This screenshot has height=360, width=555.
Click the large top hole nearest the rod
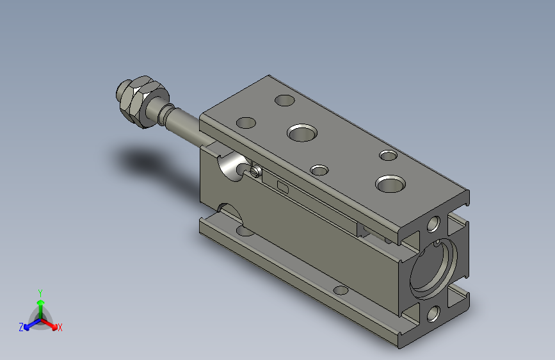[x=302, y=133]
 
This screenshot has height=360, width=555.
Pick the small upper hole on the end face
[x=433, y=224]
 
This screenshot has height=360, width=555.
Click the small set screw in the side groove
[x=256, y=171]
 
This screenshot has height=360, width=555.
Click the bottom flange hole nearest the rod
[x=244, y=229]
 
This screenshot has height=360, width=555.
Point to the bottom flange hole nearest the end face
[x=341, y=290]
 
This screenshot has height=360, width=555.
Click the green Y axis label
[x=40, y=292]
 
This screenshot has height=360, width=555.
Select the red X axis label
[x=60, y=327]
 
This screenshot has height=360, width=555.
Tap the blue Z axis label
[x=21, y=327]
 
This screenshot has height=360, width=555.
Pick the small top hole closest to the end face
[x=388, y=155]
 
